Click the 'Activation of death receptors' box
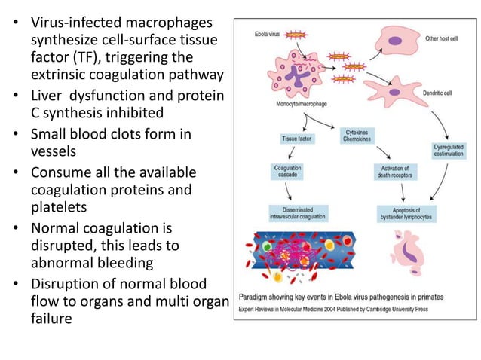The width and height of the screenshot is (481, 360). (392, 171)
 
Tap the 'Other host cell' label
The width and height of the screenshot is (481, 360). (443, 38)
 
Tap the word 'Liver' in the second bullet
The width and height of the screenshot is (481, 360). (49, 97)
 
